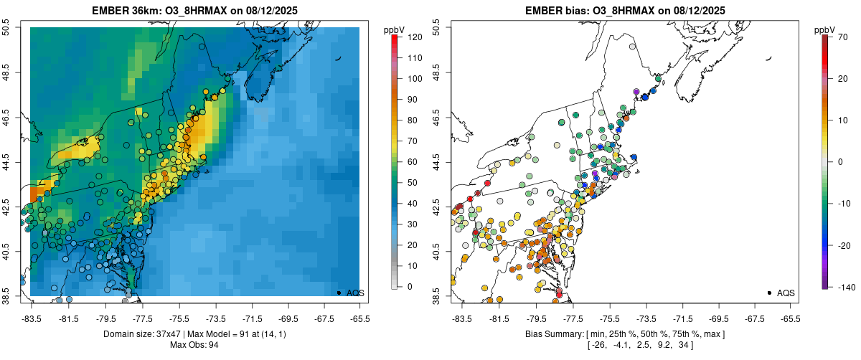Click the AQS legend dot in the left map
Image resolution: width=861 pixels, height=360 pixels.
coord(339,293)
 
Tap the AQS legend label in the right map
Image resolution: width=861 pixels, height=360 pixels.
coord(786,293)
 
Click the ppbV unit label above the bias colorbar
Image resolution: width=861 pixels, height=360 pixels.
coord(825,29)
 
